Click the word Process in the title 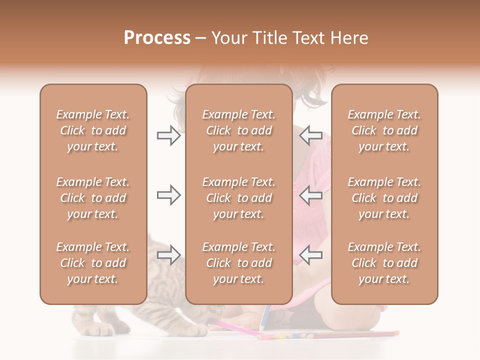[157, 38]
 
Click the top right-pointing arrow [168, 135]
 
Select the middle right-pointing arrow [168, 195]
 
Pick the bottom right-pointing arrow [168, 255]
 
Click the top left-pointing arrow [311, 135]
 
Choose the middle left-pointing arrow [311, 195]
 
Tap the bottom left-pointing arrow [311, 255]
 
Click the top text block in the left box [93, 130]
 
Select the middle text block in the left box [93, 198]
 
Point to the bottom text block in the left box [93, 263]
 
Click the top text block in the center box [238, 130]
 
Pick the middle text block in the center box [238, 198]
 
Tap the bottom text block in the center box [238, 263]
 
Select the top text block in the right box [384, 130]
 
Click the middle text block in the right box [384, 198]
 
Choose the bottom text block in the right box [384, 263]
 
